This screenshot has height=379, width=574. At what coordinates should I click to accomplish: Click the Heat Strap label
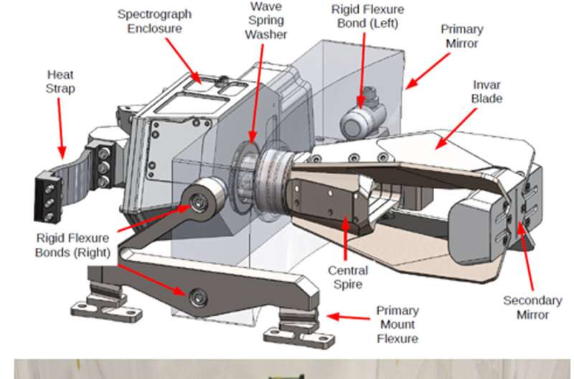[x=60, y=81]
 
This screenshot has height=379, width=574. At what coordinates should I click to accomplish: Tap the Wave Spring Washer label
[x=265, y=20]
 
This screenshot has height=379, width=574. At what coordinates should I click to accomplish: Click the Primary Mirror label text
[x=461, y=37]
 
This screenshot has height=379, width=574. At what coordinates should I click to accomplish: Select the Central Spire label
[x=348, y=277]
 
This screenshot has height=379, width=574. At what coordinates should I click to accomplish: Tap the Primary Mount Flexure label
[x=397, y=324]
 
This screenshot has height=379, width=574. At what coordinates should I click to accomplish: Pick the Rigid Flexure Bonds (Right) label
[x=72, y=245]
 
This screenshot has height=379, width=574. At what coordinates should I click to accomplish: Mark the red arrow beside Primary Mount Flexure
[x=347, y=317]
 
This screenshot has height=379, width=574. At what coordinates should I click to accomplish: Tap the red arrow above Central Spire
[x=346, y=239]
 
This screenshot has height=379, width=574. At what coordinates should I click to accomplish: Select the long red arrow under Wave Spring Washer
[x=255, y=93]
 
